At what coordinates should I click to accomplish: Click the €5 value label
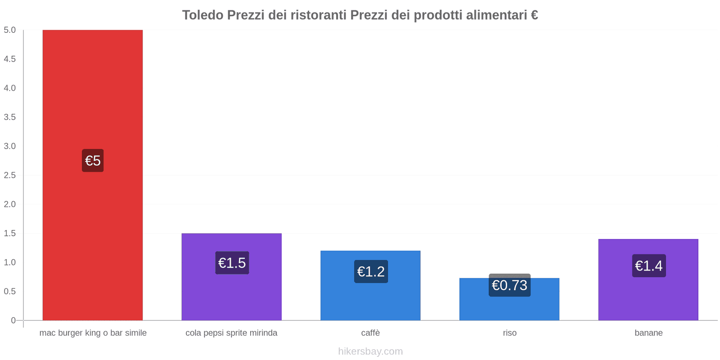93,161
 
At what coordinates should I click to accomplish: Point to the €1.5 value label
232,263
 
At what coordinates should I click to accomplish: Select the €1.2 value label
371,272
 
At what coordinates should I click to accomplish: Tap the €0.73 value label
509,285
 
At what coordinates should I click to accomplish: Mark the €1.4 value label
648,266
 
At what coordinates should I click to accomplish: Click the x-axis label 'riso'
509,333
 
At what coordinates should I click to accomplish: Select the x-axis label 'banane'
648,333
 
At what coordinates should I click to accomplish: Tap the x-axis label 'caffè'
370,333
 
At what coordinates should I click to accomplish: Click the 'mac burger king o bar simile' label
93,333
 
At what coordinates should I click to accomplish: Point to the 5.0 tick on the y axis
9,30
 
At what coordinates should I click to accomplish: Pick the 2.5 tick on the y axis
9,175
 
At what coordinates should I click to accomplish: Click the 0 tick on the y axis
13,320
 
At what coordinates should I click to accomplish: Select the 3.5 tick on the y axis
9,117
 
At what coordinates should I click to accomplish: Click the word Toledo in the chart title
202,15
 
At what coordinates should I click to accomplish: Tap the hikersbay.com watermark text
370,351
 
